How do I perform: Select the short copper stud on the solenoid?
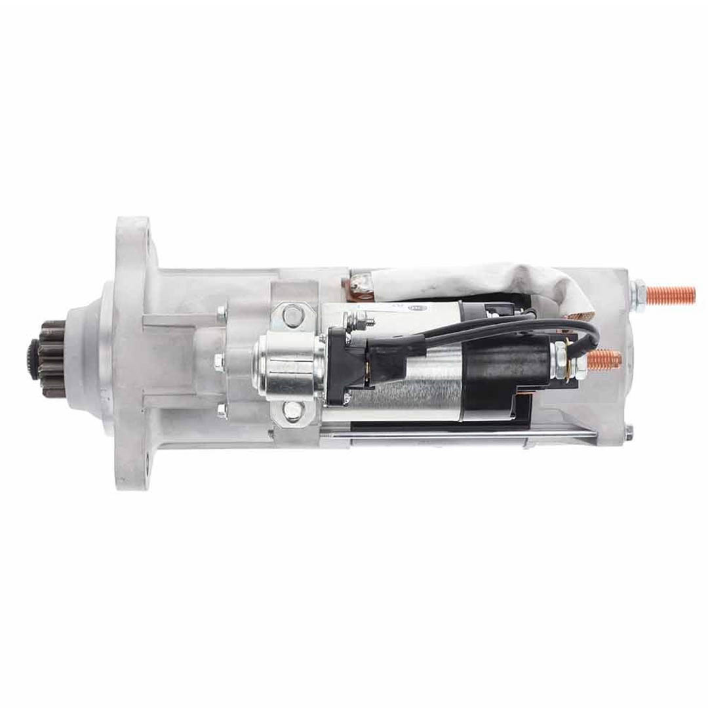coord(604,359)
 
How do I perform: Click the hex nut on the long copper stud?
coord(640,289)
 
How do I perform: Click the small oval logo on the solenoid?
coord(417,307)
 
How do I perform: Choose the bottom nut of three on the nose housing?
coord(222,411)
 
